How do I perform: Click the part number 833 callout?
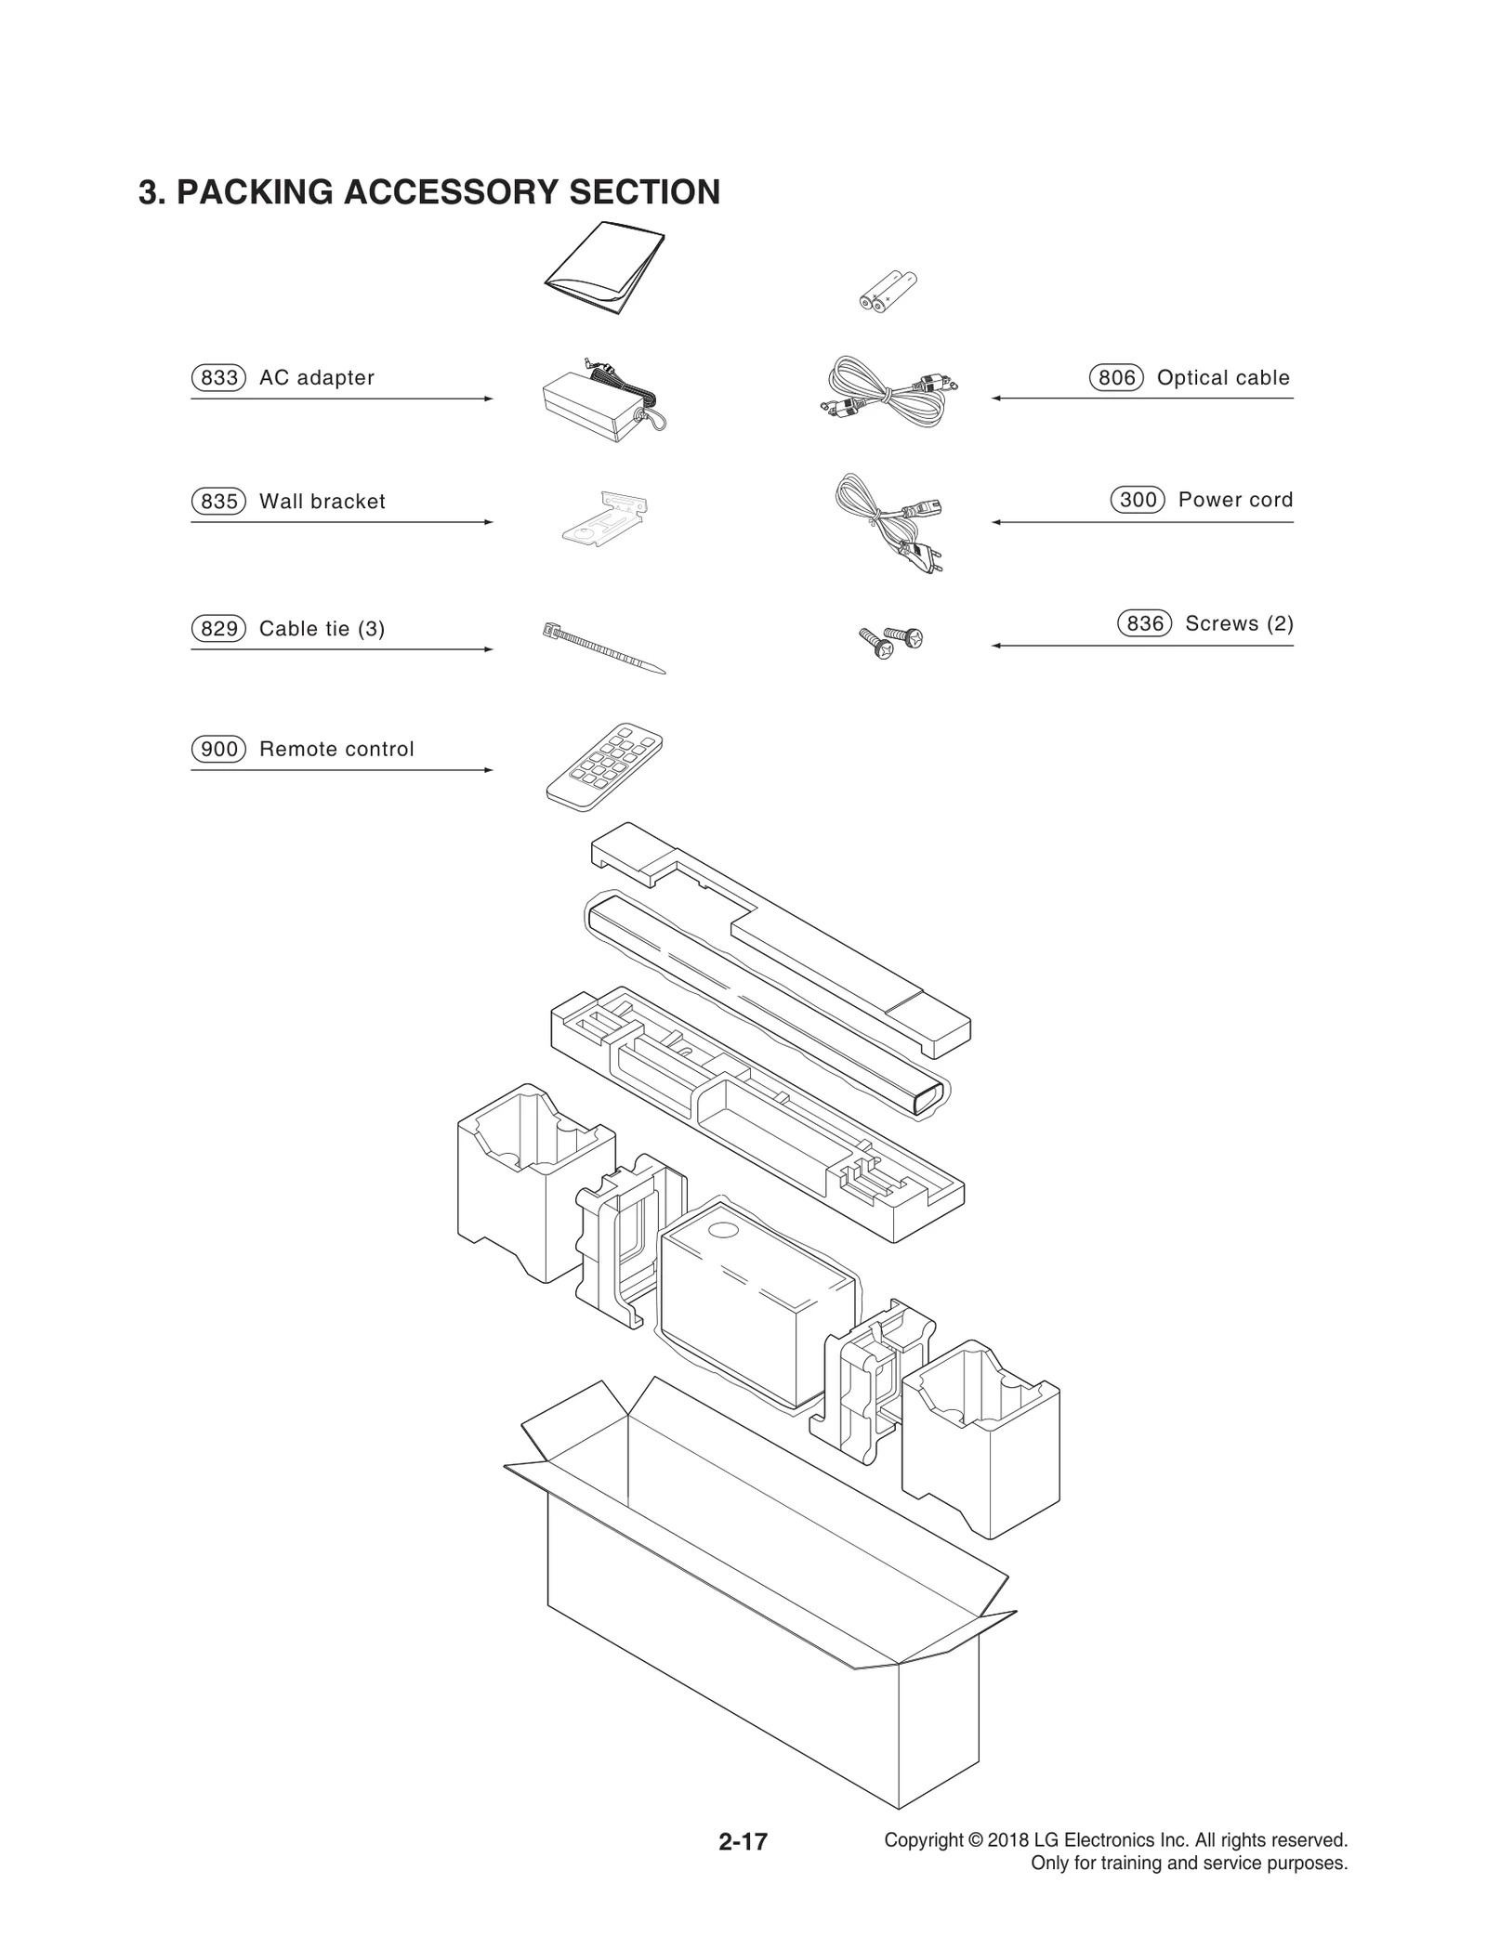218,378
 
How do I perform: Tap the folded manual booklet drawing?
605,267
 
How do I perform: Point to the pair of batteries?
887,290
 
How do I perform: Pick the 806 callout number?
1116,378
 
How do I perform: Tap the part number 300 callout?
1138,500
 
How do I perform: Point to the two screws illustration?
890,641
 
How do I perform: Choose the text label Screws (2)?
1239,623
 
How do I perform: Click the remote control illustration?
604,765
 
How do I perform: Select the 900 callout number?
218,749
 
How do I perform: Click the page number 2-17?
743,1841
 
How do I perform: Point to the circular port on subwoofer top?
721,1231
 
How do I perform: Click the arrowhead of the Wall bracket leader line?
489,522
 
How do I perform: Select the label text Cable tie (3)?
322,629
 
